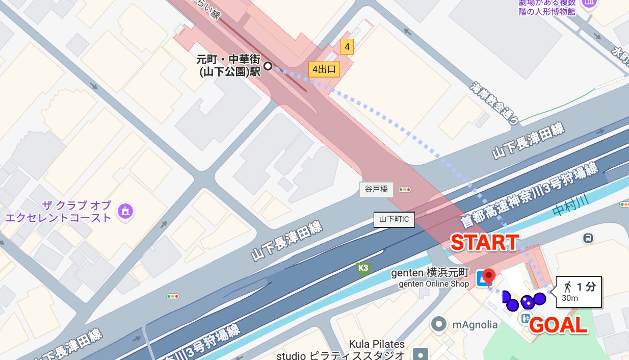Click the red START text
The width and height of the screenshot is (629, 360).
tap(485, 243)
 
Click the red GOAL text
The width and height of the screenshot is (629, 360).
tap(559, 325)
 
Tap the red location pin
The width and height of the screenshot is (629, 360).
tap(489, 277)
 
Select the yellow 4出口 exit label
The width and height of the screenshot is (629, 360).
tap(324, 69)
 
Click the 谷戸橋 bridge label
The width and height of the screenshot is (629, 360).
tap(377, 189)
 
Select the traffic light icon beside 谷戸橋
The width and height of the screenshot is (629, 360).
tap(405, 190)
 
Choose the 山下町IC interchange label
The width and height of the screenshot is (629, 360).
tap(394, 220)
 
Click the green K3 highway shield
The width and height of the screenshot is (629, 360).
tap(363, 268)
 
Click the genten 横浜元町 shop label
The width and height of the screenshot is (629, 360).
tap(430, 273)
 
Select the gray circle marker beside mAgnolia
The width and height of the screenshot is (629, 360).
tap(438, 324)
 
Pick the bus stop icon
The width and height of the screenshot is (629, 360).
tap(588, 238)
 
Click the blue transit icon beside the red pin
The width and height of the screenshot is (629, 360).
tap(481, 278)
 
